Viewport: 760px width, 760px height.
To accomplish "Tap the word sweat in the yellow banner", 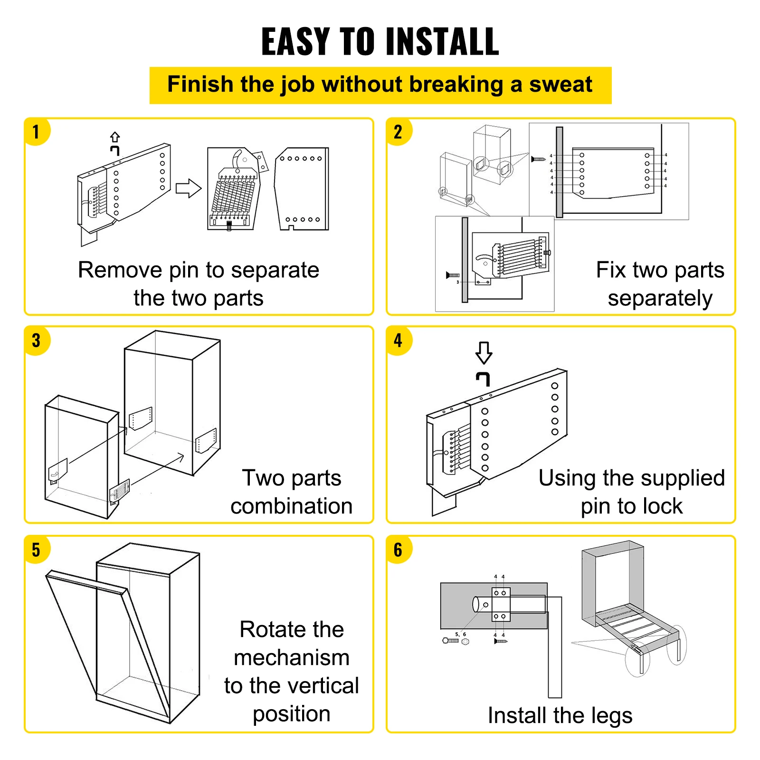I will (x=560, y=85).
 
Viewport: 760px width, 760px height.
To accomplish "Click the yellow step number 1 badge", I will (x=36, y=132).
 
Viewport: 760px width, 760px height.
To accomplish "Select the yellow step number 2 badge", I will (x=398, y=132).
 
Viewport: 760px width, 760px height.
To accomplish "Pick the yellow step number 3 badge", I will (x=36, y=341).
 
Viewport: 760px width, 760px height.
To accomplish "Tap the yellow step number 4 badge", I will (x=398, y=341).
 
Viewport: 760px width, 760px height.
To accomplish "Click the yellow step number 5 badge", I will (x=36, y=550).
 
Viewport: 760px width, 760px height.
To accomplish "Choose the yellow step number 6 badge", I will (x=398, y=550).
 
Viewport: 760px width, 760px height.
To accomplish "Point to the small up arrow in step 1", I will (x=115, y=137).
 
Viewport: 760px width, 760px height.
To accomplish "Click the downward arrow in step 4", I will (x=484, y=353).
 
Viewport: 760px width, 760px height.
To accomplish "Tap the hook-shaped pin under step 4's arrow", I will (x=483, y=379).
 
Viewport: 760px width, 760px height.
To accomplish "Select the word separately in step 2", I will (x=660, y=299).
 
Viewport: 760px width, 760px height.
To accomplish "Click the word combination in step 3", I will (x=291, y=506).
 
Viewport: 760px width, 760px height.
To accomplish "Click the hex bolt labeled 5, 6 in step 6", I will (x=451, y=641).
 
